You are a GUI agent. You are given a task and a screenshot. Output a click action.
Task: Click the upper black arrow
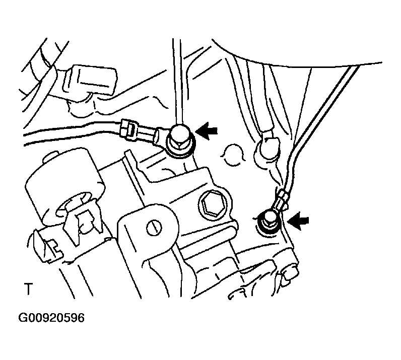(208, 131)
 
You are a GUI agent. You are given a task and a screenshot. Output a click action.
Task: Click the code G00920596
(52, 318)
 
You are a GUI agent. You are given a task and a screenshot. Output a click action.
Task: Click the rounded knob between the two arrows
(267, 151)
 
